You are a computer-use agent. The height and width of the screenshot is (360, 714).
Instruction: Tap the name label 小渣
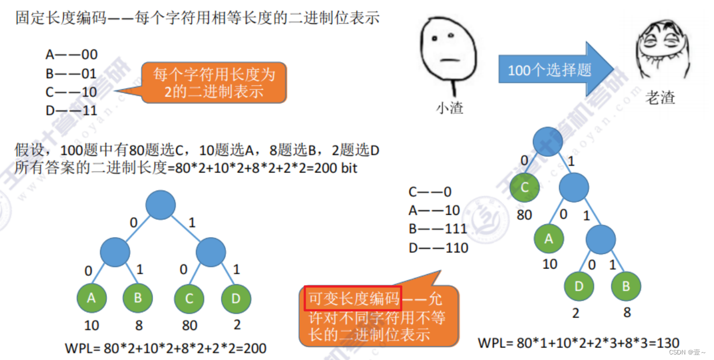(x=449, y=107)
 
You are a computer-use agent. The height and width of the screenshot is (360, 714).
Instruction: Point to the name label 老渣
(x=660, y=98)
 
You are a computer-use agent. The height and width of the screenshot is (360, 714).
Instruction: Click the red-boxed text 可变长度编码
(x=354, y=299)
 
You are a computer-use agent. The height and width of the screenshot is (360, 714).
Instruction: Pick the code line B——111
(x=438, y=229)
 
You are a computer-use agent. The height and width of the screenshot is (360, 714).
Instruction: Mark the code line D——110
(x=438, y=248)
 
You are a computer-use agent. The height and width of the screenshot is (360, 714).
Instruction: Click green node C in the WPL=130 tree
(x=525, y=187)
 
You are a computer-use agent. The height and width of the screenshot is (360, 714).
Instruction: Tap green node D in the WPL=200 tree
(x=236, y=298)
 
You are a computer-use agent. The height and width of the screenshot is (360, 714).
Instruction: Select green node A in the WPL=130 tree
(x=549, y=239)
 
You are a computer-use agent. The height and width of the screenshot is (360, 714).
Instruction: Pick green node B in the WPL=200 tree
(x=137, y=298)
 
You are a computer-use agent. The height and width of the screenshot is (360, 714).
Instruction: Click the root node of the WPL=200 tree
(x=161, y=205)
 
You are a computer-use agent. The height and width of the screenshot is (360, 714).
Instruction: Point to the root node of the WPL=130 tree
(x=548, y=141)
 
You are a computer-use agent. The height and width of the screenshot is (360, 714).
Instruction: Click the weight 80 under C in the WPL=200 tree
(x=189, y=325)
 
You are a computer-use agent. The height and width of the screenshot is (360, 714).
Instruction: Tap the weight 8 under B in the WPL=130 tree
(x=626, y=312)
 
